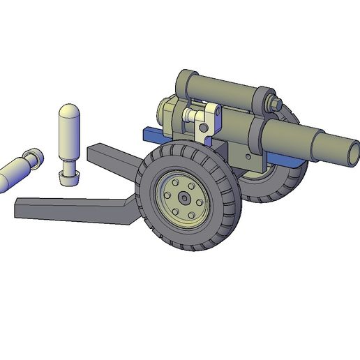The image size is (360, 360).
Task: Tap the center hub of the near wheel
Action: click(x=183, y=197)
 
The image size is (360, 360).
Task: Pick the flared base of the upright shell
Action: click(x=68, y=176)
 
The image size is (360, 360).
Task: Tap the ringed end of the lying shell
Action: click(x=32, y=158)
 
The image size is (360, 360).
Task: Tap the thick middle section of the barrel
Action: click(x=286, y=135)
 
